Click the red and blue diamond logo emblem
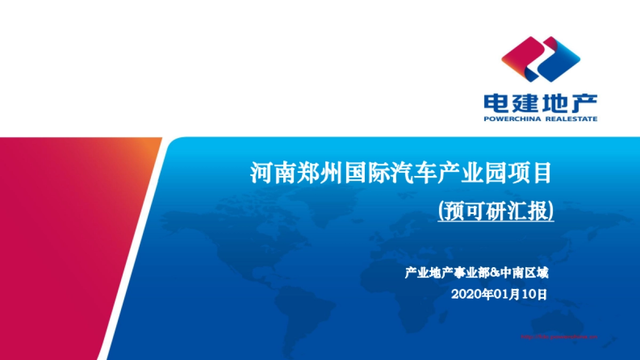point(540,59)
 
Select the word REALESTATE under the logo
point(571,119)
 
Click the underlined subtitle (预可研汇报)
point(495,211)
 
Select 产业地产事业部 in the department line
point(447,274)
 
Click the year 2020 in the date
point(463,294)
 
